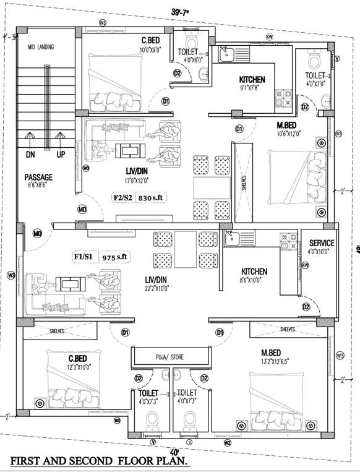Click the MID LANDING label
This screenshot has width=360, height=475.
(41, 47)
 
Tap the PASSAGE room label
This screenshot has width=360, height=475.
(38, 178)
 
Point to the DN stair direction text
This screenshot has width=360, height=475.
(31, 154)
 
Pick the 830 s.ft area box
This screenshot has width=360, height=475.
(153, 197)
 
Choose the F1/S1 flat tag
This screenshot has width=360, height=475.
(84, 256)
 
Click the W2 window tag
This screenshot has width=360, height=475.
(228, 442)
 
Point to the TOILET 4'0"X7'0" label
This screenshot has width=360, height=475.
(315, 78)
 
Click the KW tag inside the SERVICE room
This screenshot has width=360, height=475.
(304, 265)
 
